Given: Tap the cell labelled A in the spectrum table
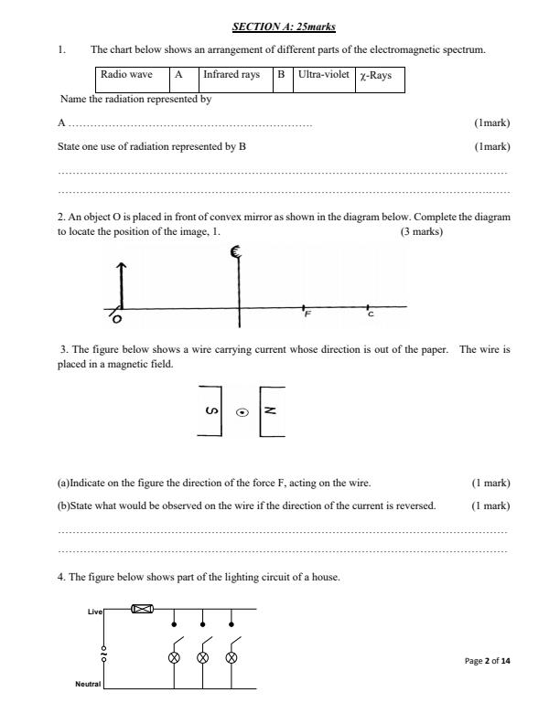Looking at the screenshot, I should tap(179, 76).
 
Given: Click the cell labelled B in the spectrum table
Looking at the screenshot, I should tap(283, 76).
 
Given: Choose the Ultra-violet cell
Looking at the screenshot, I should tap(323, 76).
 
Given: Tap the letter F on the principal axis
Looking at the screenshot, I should tap(307, 314).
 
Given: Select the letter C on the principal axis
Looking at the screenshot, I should tap(370, 314).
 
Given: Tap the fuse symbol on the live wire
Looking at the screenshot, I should tap(142, 609).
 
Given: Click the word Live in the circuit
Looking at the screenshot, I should tap(94, 610).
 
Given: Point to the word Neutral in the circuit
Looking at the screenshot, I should tap(88, 684).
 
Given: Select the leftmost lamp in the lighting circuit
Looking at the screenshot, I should tap(175, 658).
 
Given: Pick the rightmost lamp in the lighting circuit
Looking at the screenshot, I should tap(232, 658).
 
